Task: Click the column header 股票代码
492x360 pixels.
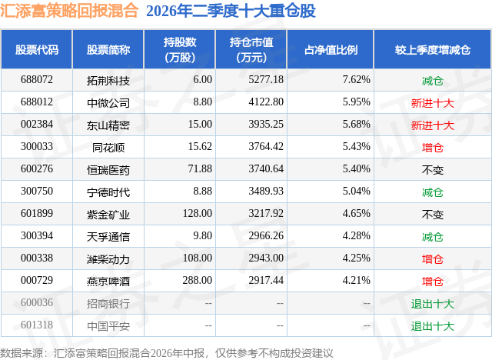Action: [37, 50]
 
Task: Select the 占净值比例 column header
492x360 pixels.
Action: [331, 50]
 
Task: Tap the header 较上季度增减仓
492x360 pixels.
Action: [433, 50]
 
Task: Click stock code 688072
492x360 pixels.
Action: [37, 80]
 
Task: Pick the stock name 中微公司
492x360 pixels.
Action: [108, 102]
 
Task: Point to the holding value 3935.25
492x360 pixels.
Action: [266, 125]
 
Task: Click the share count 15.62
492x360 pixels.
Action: [200, 147]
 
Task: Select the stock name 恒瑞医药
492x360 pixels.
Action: [108, 169]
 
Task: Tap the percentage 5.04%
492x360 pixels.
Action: [356, 191]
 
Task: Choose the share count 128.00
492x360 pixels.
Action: [198, 213]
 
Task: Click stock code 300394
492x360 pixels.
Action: [37, 235]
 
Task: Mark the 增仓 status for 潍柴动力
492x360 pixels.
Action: [433, 259]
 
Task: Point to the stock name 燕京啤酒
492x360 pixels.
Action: [108, 281]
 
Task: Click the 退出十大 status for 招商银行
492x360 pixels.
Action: [433, 304]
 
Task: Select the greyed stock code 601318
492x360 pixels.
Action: [37, 325]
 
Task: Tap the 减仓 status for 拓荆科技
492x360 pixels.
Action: [433, 81]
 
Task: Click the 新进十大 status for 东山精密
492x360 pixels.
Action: [433, 125]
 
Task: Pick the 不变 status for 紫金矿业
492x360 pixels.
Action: [433, 215]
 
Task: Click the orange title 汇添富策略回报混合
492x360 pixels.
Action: [69, 11]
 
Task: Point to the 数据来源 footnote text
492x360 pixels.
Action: [166, 353]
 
